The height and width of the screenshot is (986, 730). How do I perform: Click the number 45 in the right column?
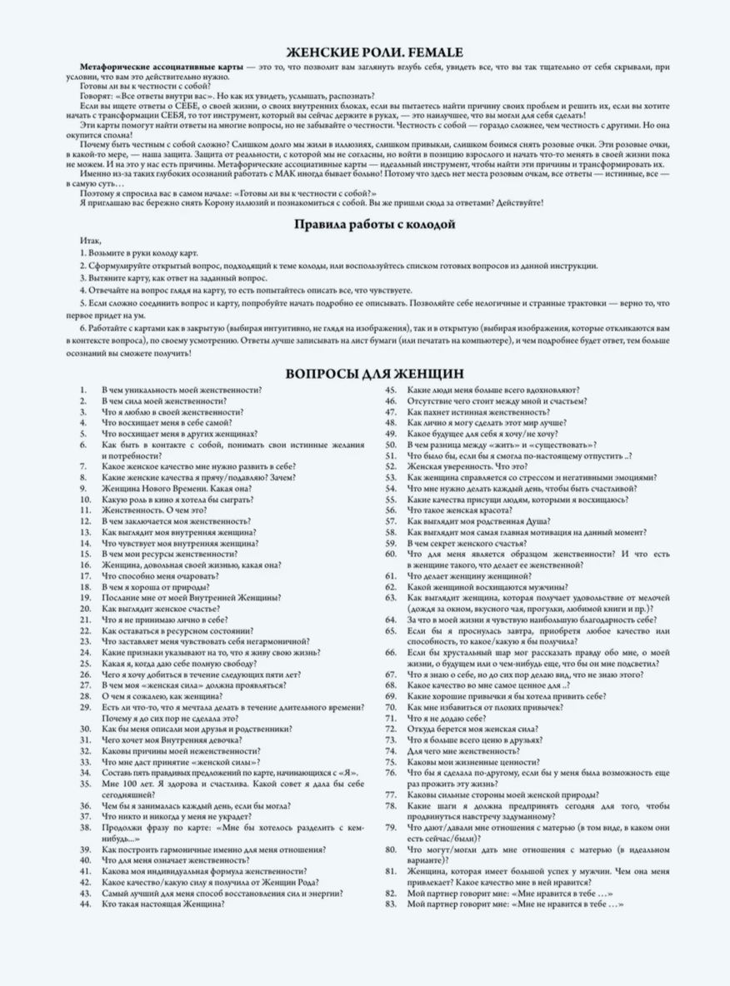click(390, 390)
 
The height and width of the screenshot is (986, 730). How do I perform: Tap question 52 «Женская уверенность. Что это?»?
click(475, 466)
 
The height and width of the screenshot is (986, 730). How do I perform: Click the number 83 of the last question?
click(390, 904)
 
